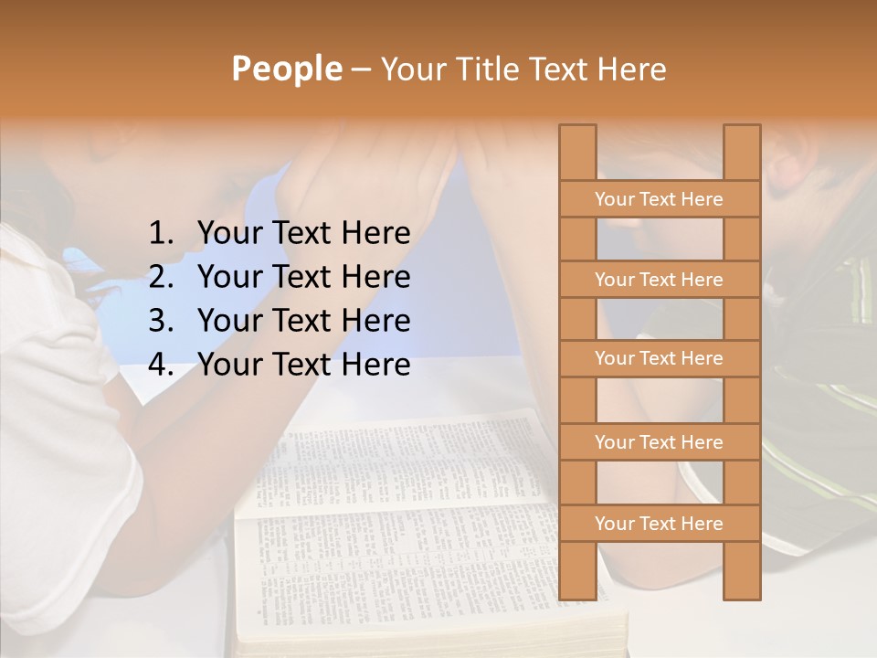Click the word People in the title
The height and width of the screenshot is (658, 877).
[x=286, y=69]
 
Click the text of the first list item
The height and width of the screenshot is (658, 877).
[x=303, y=234]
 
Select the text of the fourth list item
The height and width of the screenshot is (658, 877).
[x=303, y=365]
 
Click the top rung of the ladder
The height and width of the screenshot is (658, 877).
[x=659, y=199]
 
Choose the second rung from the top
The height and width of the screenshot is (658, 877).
[x=659, y=280]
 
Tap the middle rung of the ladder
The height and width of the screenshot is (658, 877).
[x=659, y=358]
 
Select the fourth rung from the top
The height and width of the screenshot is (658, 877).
[x=659, y=442]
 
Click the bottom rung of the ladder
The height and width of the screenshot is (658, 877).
[x=659, y=524]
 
